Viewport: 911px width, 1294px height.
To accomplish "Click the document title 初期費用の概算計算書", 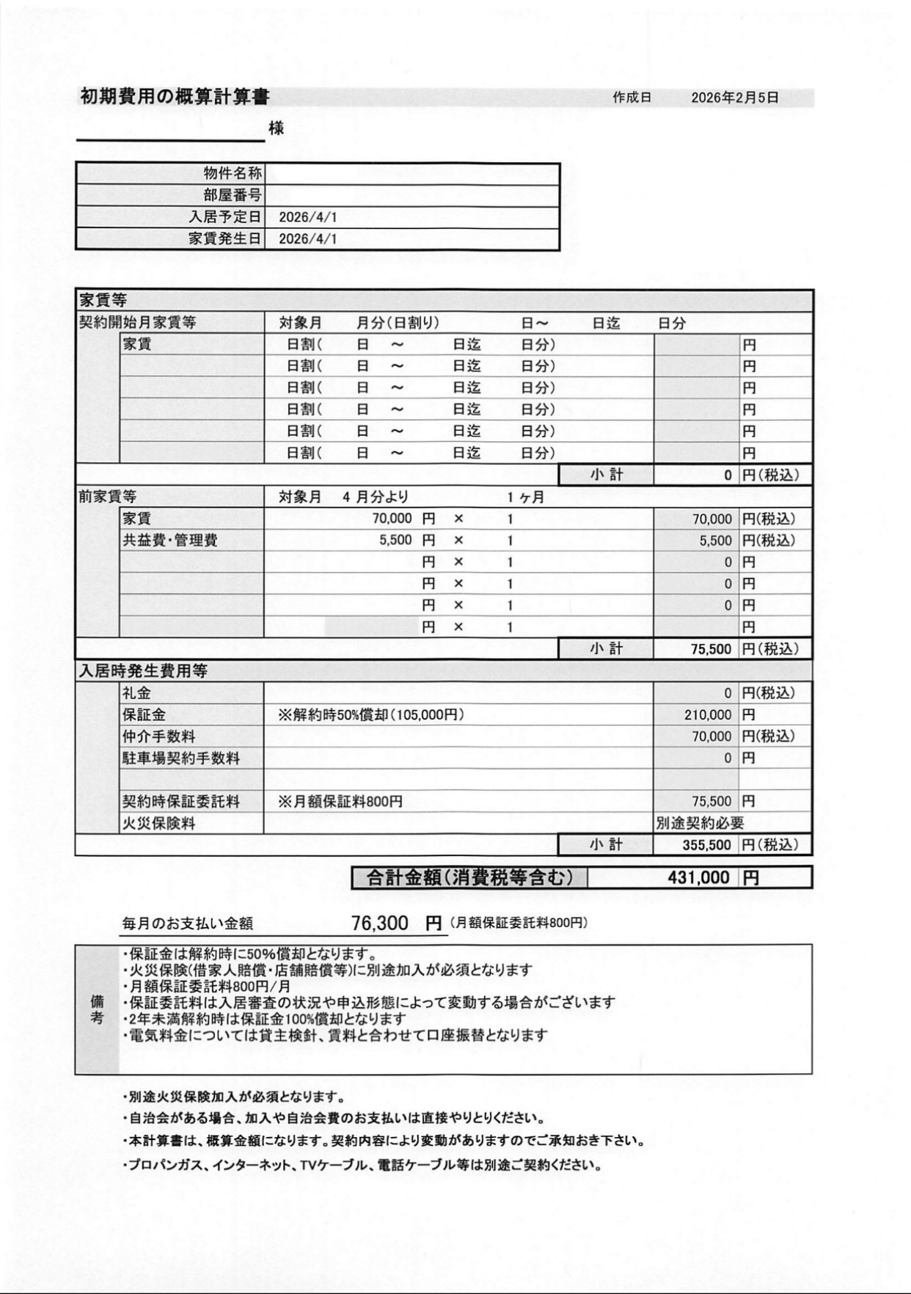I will (175, 96).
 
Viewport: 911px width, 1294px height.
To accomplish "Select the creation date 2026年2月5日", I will (734, 98).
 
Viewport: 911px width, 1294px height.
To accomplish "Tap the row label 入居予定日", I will (224, 217).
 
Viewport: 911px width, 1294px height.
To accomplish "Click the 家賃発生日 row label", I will (224, 239).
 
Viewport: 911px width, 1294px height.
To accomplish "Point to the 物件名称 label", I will (233, 174).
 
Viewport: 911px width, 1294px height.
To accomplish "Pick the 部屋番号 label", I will (233, 195).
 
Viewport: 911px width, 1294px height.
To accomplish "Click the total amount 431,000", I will (698, 877).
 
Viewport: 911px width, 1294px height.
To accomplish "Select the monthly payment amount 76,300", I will (379, 923).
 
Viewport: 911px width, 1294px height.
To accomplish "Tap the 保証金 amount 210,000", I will (707, 714).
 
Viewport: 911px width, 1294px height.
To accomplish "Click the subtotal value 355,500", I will (706, 845).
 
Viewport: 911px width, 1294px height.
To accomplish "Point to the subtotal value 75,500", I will (711, 649).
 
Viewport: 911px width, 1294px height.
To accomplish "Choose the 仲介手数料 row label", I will (158, 736).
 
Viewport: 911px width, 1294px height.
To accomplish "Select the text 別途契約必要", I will (700, 824).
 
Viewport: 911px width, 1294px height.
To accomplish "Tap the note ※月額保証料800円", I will (340, 802).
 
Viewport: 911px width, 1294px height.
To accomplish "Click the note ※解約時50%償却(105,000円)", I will (370, 714).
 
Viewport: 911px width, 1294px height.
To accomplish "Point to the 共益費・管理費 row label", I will (170, 541).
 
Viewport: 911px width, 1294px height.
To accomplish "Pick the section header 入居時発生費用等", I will (143, 671).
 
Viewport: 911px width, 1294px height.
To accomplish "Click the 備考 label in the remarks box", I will (97, 1009).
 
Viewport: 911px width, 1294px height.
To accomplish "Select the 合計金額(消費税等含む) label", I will (469, 877).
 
